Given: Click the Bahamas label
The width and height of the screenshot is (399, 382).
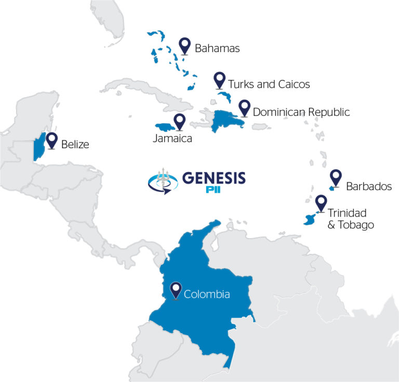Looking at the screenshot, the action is [217, 49].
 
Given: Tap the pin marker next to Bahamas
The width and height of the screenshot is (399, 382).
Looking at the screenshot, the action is [184, 45].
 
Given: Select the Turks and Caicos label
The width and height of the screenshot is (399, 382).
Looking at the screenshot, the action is [269, 84].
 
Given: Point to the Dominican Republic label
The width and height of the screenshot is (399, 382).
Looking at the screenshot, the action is [301, 112].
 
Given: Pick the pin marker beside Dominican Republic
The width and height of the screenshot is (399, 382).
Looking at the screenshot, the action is [244, 108].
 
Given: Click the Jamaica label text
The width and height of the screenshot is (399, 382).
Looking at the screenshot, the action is [172, 139].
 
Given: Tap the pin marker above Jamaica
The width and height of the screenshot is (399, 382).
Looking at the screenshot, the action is [180, 121].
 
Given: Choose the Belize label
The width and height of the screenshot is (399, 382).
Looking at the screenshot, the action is [75, 144].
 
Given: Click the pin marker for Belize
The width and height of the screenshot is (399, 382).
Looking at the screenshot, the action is [51, 139].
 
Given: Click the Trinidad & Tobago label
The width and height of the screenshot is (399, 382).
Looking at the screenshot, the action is [351, 218].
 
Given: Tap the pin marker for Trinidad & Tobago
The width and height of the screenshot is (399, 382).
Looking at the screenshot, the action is [321, 203].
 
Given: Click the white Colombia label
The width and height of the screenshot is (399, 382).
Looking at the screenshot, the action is [207, 294].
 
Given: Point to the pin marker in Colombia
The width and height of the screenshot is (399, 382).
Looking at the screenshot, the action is [176, 289].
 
